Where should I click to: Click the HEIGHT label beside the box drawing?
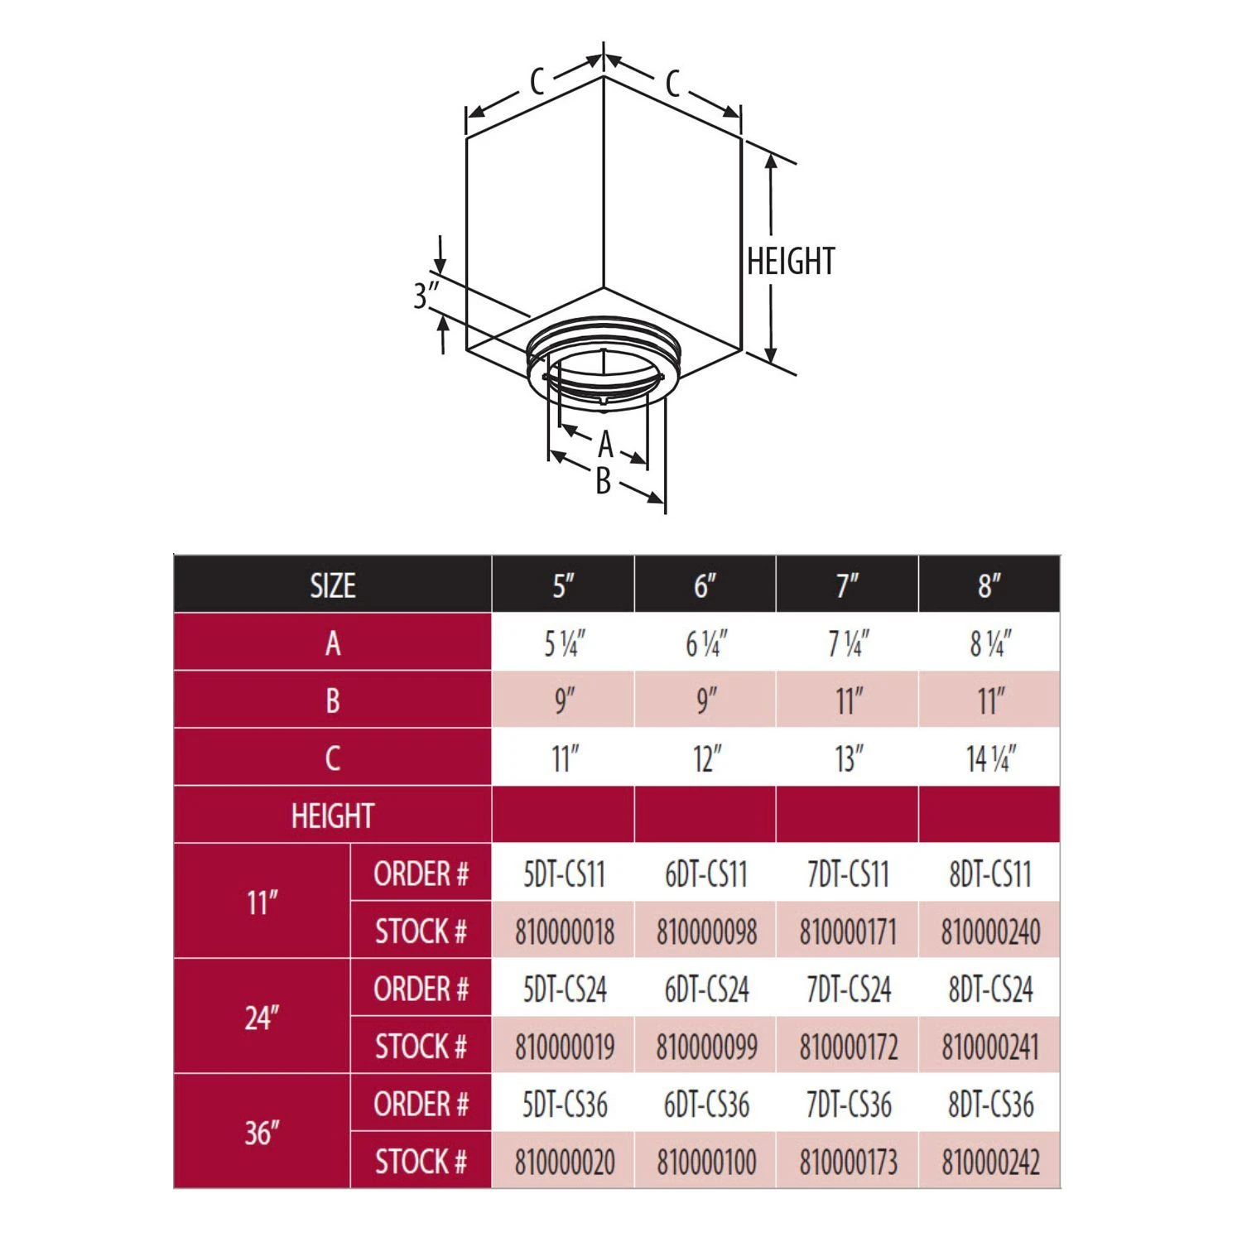[790, 262]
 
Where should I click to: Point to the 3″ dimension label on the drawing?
[426, 296]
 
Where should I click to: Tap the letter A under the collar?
[605, 445]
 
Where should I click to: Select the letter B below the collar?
[604, 481]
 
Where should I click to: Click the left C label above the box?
[537, 82]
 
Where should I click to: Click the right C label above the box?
[672, 83]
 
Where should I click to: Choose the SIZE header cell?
[333, 585]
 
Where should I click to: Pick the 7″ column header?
[847, 585]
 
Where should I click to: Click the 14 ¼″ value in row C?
[990, 758]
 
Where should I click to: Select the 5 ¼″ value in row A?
[564, 643]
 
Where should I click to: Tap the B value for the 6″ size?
[705, 700]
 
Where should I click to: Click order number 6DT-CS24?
[706, 989]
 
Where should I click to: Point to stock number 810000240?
[990, 931]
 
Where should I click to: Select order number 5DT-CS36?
[565, 1104]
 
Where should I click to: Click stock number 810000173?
[848, 1162]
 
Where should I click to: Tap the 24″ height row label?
[262, 1018]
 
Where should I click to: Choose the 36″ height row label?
[262, 1133]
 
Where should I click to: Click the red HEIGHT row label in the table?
[333, 816]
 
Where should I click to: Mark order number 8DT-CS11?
[990, 874]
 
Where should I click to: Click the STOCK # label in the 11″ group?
[421, 931]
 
